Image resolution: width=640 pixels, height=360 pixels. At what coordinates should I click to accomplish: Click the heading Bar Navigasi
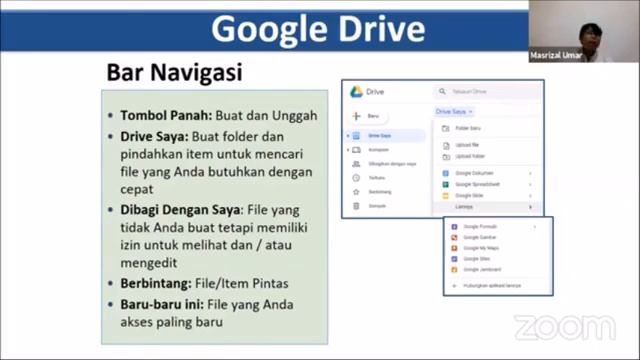[175, 73]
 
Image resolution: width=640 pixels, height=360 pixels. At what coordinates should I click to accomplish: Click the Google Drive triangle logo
[355, 92]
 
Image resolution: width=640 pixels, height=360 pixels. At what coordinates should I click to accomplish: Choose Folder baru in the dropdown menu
[468, 128]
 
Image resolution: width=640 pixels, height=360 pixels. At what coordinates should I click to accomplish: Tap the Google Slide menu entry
[469, 196]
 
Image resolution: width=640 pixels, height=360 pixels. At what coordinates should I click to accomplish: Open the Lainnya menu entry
[464, 207]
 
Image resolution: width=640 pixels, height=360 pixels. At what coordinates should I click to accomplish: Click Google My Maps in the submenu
[481, 248]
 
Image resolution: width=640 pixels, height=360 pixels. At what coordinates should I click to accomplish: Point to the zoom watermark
[565, 327]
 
